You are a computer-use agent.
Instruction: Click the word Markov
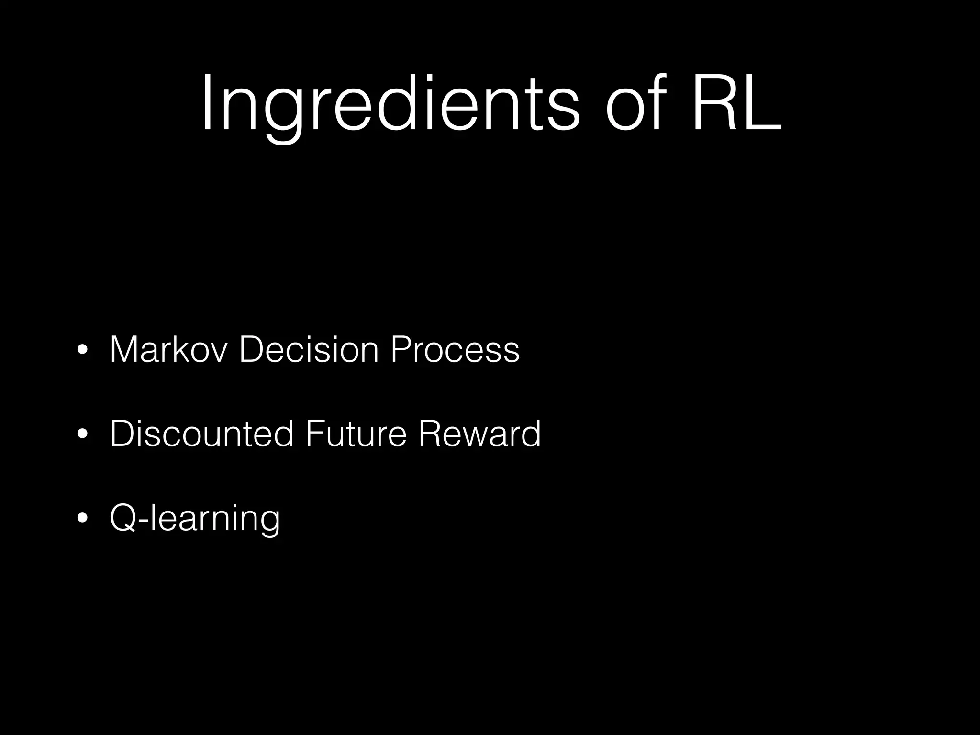(x=167, y=350)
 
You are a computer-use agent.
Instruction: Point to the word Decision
(x=309, y=350)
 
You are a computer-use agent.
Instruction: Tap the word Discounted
(x=201, y=434)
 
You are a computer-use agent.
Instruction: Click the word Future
(x=356, y=434)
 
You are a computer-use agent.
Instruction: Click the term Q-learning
(x=195, y=519)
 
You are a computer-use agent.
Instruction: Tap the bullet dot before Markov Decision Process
(x=82, y=351)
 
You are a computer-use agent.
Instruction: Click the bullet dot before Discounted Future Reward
(x=82, y=435)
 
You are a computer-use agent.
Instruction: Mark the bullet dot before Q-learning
(x=82, y=519)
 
